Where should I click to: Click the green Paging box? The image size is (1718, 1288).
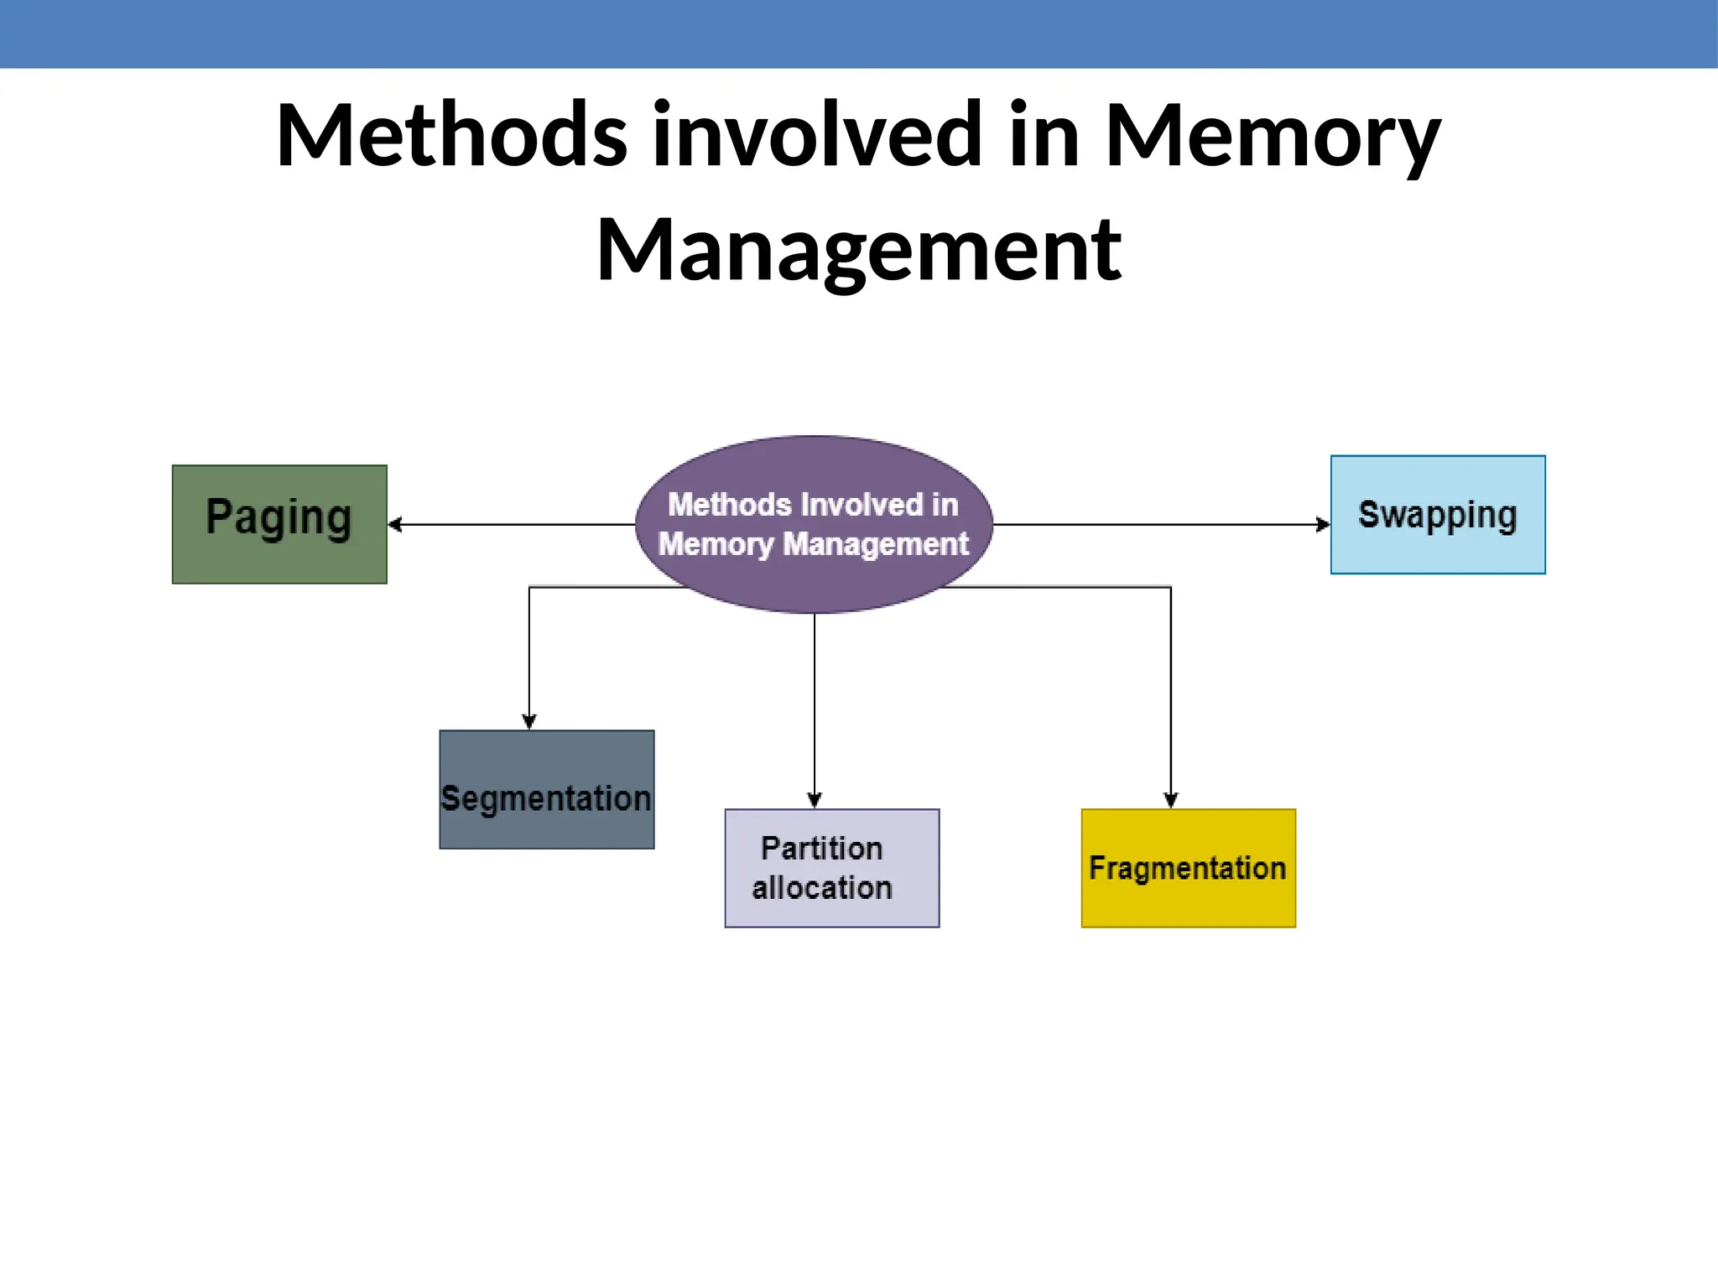coord(279,524)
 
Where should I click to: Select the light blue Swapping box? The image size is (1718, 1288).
coord(1438,515)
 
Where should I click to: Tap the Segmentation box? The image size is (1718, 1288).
coord(547,789)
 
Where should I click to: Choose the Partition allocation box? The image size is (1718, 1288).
coord(832,868)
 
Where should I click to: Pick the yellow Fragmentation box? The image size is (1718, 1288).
coord(1189,868)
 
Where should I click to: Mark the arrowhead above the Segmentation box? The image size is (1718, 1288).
coord(529,721)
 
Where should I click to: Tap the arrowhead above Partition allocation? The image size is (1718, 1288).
coord(815,800)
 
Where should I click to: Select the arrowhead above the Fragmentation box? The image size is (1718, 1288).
coord(1171,800)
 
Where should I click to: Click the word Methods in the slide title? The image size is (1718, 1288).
coord(451,136)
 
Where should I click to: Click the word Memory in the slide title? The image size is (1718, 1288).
coord(1273,136)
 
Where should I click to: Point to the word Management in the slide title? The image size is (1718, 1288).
coord(858,250)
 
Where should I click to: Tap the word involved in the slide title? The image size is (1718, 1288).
coord(817,136)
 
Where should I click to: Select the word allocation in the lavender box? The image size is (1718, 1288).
coord(822,888)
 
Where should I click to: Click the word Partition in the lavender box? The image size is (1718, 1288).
coord(822,849)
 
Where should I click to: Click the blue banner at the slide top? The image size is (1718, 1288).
coord(859,34)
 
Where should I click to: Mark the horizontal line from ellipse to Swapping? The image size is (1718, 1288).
coord(1158,525)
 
